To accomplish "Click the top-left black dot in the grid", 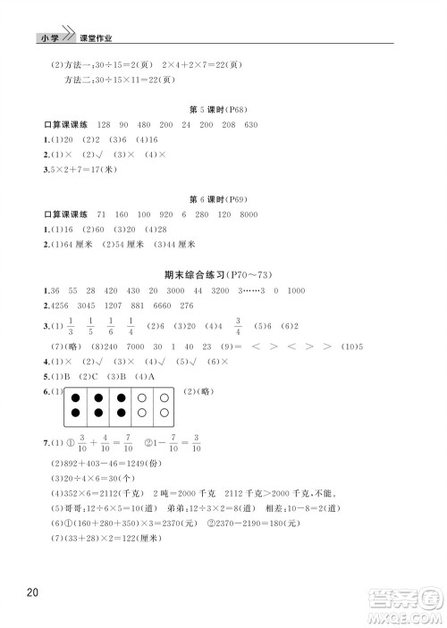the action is pos(77,398).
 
